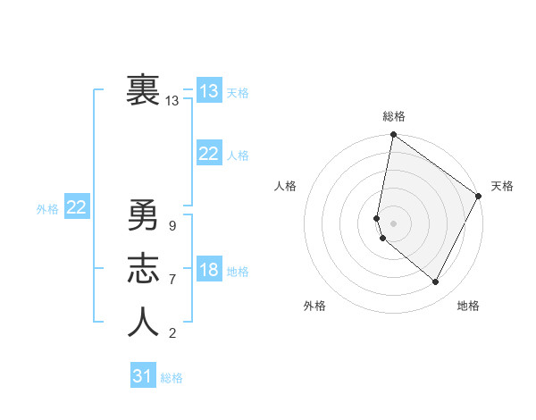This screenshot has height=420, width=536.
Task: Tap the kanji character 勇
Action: pos(143,216)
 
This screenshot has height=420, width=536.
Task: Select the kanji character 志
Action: pos(143,269)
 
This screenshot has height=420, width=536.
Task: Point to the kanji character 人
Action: pos(143,322)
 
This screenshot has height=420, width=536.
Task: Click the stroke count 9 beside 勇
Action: pos(172,226)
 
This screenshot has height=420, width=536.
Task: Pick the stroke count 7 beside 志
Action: pos(172,280)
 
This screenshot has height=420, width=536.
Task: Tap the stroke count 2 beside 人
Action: pos(172,333)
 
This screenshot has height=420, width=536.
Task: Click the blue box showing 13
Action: pos(208,91)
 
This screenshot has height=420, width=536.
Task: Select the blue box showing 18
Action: pos(208,271)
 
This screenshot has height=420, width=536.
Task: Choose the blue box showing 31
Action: pos(142,376)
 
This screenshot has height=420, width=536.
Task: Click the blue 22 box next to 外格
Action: pos(76,208)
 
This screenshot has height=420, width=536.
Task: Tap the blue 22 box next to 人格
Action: pos(208,154)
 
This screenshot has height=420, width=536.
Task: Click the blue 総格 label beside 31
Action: pos(172,378)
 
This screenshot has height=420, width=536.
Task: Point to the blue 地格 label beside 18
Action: pos(238,272)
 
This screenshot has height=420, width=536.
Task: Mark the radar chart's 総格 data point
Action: pos(393,136)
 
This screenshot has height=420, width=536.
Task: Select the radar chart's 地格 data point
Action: pos(436,281)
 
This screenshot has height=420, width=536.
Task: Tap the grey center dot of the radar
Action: pos(393,223)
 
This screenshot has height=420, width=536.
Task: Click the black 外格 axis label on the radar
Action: pos(314,306)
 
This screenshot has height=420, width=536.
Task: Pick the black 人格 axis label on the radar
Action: pos(286,186)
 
